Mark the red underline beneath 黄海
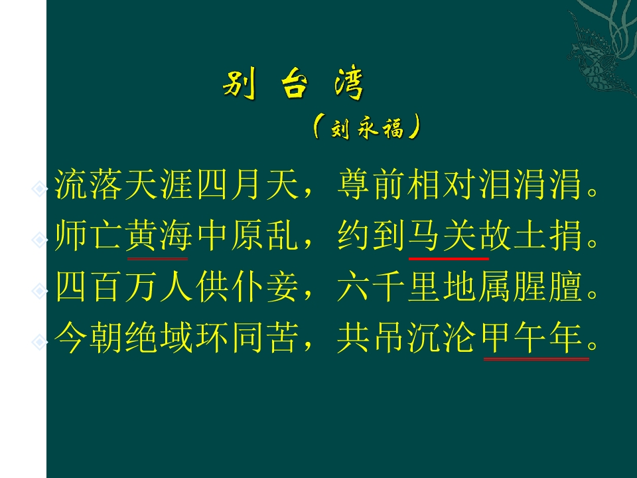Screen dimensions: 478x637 [157, 257]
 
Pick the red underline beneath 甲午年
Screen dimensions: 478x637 [536, 359]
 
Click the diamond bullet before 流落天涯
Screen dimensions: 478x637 [40, 189]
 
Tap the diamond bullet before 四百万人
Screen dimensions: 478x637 [40, 290]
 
